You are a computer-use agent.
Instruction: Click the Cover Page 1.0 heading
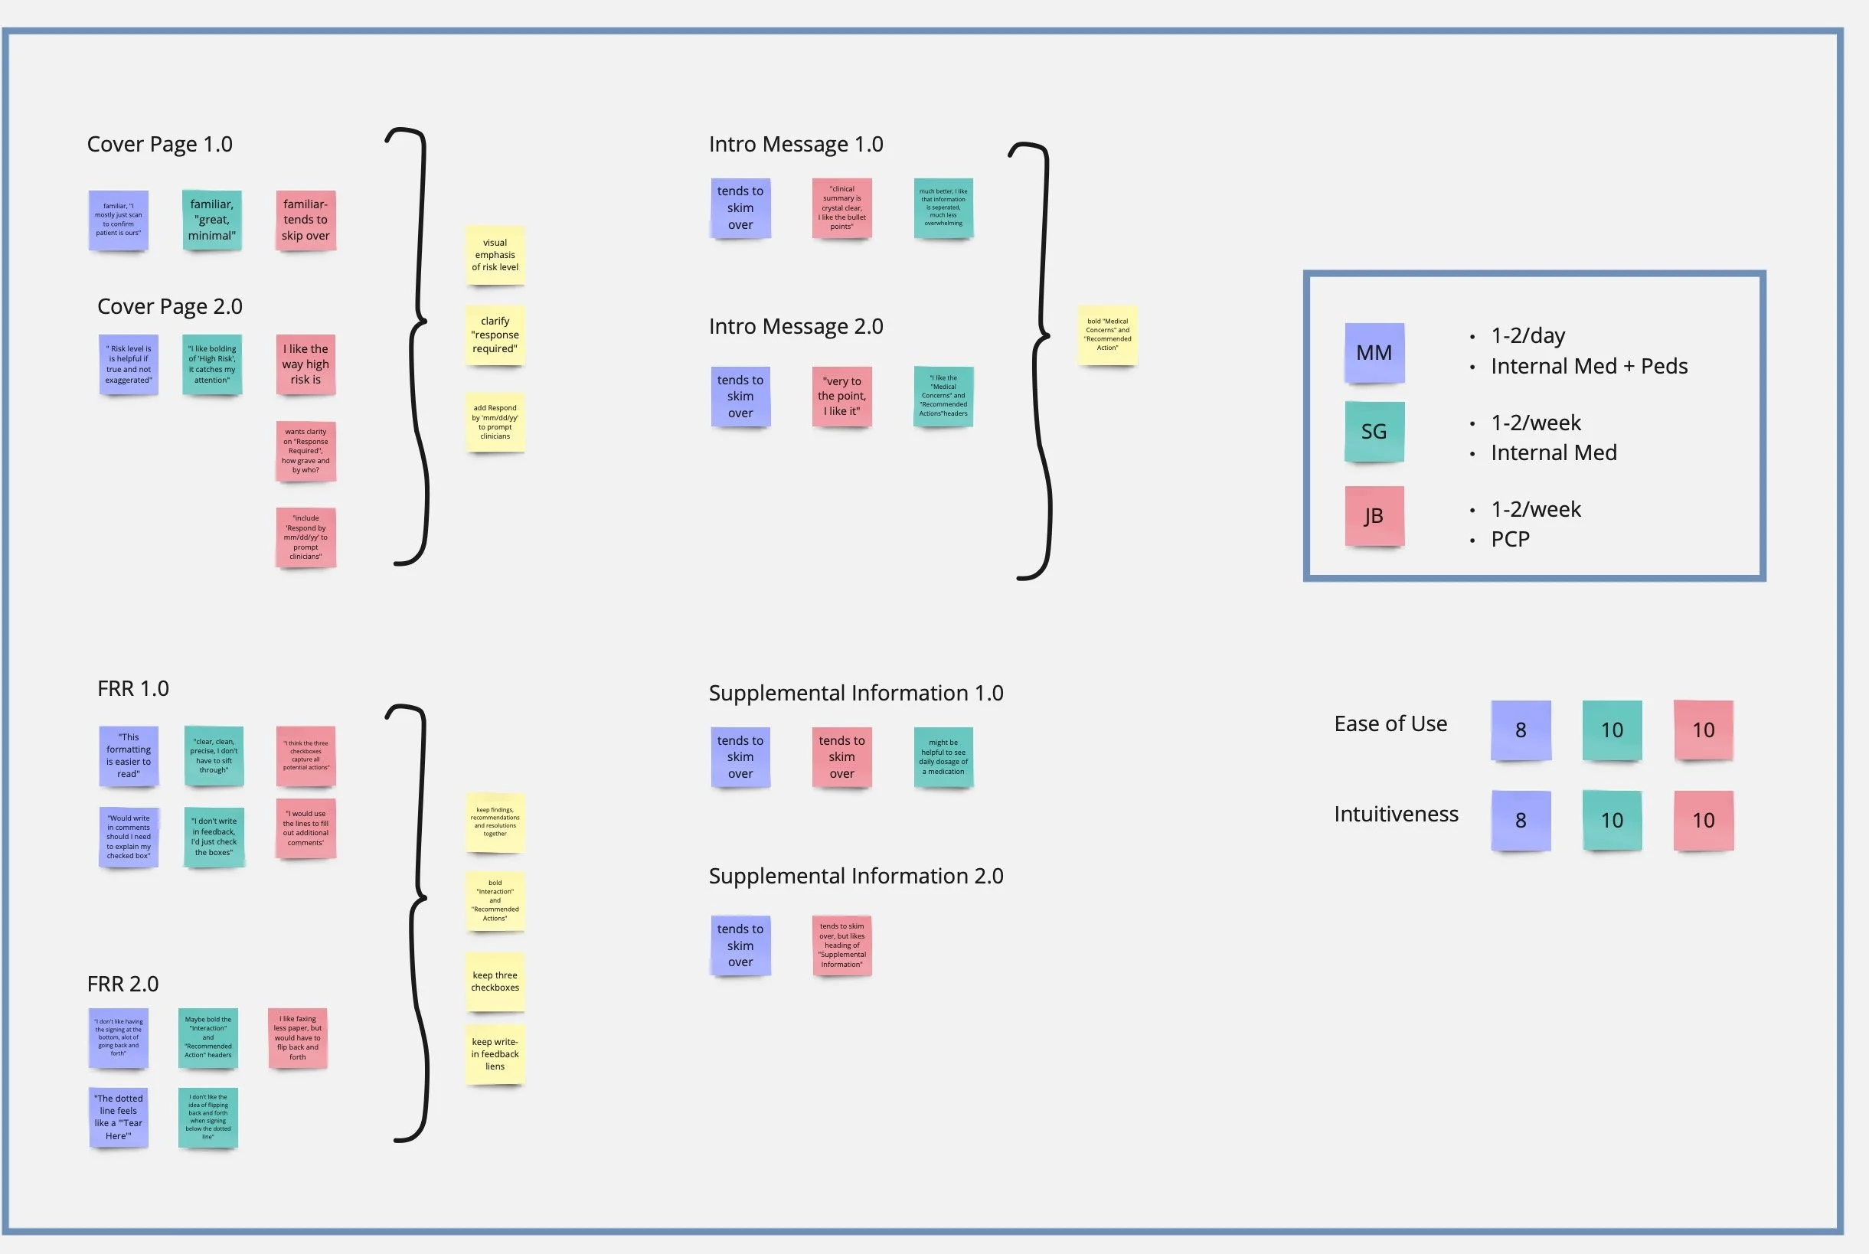point(159,144)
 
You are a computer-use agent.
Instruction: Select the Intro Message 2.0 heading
point(796,326)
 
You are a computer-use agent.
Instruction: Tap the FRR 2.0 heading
point(123,984)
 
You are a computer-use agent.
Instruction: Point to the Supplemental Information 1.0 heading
point(856,693)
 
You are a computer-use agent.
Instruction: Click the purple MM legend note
point(1374,353)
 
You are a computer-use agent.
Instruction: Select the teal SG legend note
point(1374,432)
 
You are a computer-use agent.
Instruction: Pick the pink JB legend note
point(1374,516)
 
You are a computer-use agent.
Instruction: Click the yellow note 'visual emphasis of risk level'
point(495,255)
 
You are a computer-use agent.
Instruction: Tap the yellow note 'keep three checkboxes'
point(495,981)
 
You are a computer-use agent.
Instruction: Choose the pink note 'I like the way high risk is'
point(306,364)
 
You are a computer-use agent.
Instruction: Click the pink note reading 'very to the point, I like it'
point(841,397)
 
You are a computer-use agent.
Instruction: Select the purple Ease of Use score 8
point(1521,730)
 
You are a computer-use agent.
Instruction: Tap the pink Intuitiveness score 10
point(1703,821)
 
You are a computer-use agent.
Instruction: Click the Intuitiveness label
point(1396,814)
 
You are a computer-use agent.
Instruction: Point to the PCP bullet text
point(1510,539)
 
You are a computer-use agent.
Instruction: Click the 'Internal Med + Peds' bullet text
point(1589,366)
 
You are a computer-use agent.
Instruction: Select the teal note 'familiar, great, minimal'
point(212,220)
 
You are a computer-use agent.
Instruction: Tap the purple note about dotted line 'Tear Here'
point(119,1117)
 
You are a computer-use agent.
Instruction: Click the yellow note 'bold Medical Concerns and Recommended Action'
point(1107,335)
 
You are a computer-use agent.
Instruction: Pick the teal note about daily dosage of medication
point(943,756)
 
